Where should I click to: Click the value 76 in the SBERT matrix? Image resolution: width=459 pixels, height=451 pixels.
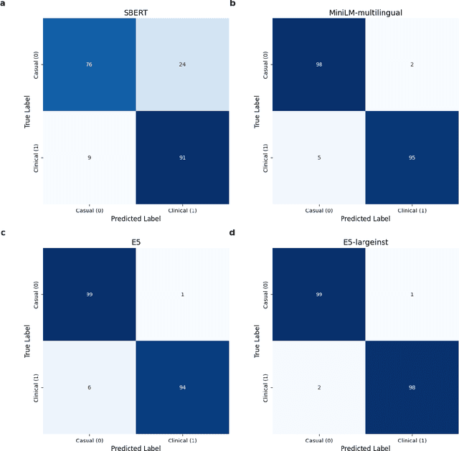point(90,65)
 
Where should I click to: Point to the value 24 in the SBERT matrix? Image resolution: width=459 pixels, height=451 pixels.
point(182,65)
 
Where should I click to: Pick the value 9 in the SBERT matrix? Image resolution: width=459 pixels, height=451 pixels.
point(90,157)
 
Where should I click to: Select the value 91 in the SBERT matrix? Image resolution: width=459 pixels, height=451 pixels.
point(182,157)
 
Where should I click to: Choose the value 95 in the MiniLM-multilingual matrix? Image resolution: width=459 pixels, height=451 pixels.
point(412,157)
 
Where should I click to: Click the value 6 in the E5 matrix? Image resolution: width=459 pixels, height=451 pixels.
point(90,387)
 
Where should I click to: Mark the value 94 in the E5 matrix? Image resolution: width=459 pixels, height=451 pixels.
point(182,387)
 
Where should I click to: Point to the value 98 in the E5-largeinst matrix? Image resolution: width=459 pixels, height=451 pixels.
point(412,387)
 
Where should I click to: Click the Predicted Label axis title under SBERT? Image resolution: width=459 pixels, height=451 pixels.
point(136,219)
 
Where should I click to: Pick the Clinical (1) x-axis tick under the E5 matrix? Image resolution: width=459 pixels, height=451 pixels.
point(182,440)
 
